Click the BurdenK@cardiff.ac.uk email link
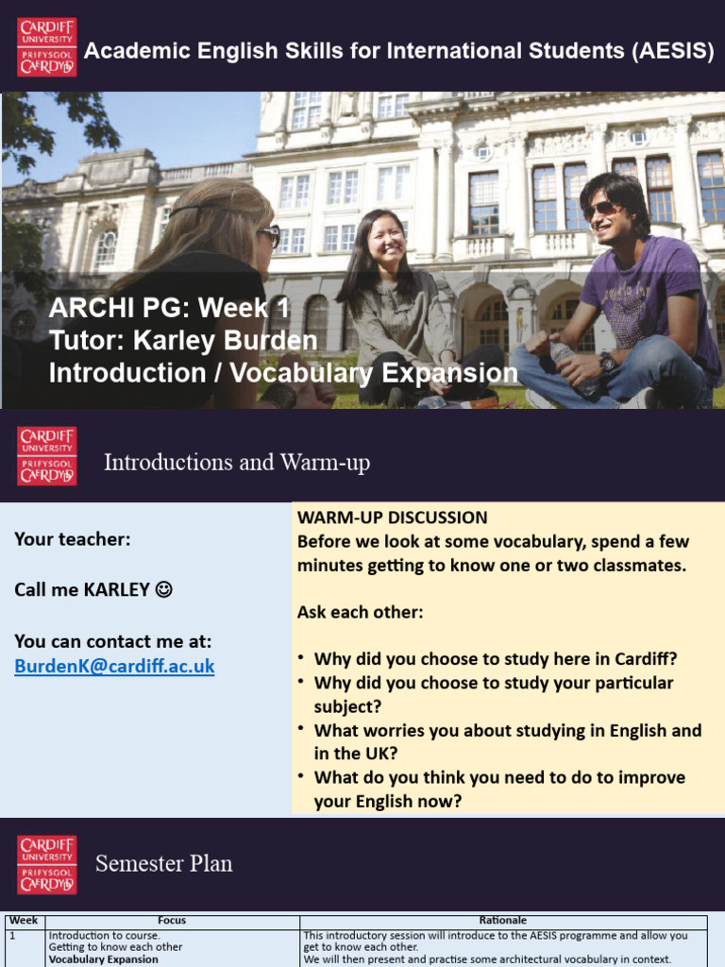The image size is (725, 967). pos(114,667)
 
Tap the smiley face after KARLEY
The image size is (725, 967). pos(164,590)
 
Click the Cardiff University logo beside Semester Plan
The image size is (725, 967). pos(46,864)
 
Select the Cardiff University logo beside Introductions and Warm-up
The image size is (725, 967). pos(46,455)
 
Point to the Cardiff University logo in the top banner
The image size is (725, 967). pos(46,46)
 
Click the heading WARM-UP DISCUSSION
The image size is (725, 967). pos(392,517)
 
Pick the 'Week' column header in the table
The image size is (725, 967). pos(24,920)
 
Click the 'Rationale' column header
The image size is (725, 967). pos(503,920)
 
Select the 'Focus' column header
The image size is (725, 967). pos(172,920)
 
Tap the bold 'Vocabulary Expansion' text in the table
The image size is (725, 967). pos(104,959)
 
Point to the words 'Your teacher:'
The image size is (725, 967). pos(73,539)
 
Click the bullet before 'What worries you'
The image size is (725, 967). pos(300,729)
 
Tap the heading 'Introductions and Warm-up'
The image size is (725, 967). pos(236,463)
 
